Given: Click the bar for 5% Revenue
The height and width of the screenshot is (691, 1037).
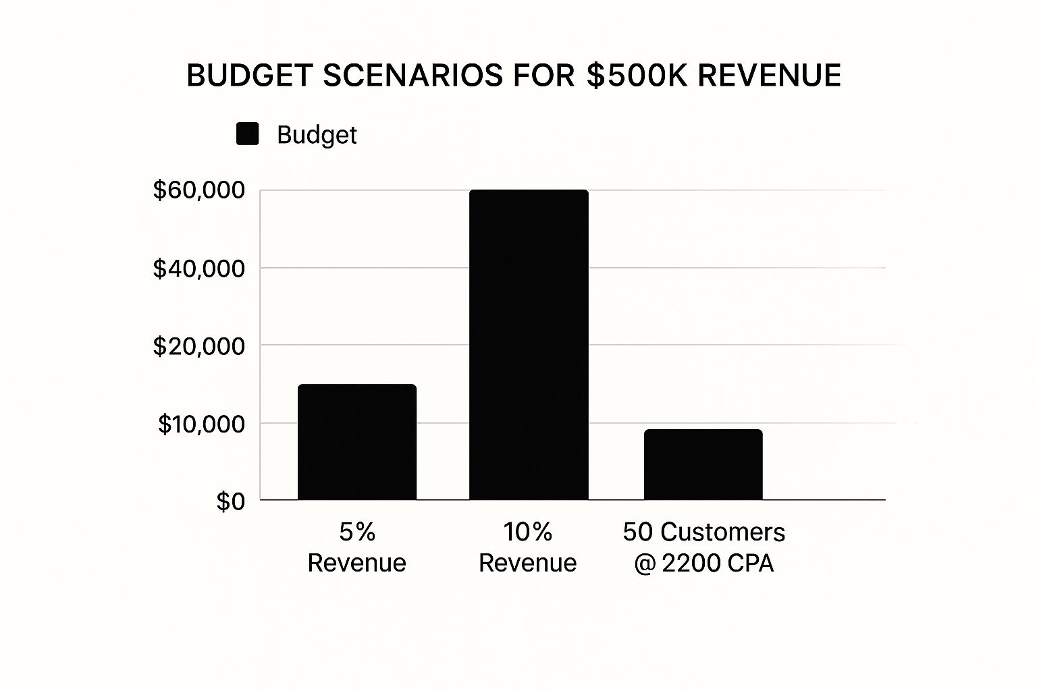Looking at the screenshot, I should pyautogui.click(x=356, y=442).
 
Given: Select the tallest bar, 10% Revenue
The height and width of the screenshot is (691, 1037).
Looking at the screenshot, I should pyautogui.click(x=529, y=345).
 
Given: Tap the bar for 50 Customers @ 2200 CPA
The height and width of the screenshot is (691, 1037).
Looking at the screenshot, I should pyautogui.click(x=703, y=465).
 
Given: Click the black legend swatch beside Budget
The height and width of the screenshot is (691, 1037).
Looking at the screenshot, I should pyautogui.click(x=248, y=134).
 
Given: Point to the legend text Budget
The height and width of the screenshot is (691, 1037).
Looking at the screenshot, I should pyautogui.click(x=317, y=135).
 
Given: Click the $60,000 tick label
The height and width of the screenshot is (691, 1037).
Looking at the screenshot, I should pyautogui.click(x=199, y=190).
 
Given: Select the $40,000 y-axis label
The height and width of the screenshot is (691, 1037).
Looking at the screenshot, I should pyautogui.click(x=199, y=269).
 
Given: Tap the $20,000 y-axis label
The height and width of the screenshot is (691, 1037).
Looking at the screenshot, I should pyautogui.click(x=199, y=346).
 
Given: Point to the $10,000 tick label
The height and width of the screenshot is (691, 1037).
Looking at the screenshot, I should pyautogui.click(x=201, y=424).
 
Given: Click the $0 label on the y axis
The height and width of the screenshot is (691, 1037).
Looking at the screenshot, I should pyautogui.click(x=230, y=501).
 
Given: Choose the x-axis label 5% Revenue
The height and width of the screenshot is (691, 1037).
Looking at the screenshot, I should pyautogui.click(x=356, y=547).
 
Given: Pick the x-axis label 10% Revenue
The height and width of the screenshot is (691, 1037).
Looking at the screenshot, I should pyautogui.click(x=528, y=547).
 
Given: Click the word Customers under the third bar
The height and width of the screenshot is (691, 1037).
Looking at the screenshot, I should pyautogui.click(x=722, y=532).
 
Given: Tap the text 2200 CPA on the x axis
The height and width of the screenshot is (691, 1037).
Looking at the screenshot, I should pyautogui.click(x=718, y=563).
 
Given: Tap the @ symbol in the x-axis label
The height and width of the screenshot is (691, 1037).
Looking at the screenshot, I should pyautogui.click(x=645, y=563).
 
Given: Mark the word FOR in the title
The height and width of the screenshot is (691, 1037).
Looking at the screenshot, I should pyautogui.click(x=544, y=76).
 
